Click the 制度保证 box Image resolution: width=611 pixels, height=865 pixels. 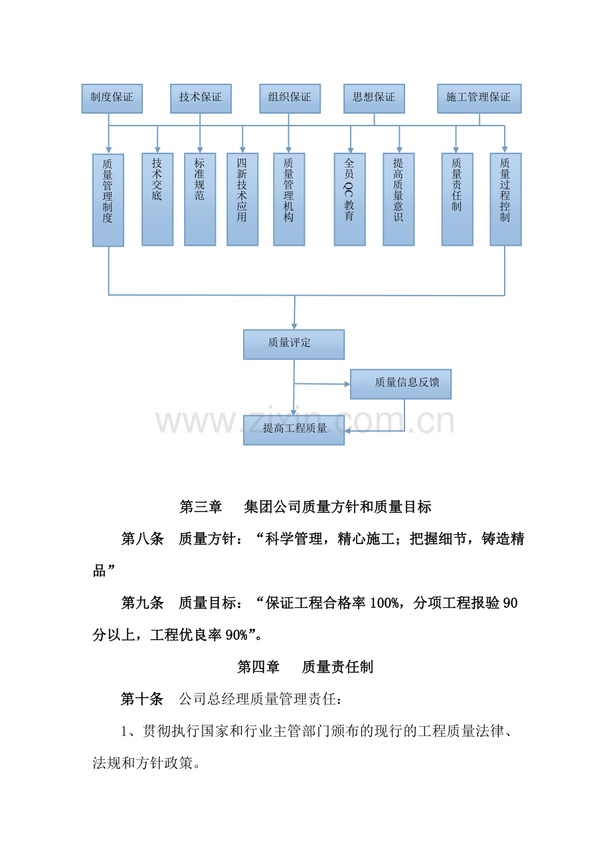[x=112, y=98]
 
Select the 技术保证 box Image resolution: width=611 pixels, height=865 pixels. [x=201, y=98]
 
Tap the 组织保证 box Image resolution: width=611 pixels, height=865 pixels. [x=290, y=98]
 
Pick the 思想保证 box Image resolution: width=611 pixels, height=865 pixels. [x=374, y=98]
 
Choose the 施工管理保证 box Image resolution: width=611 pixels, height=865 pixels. [x=479, y=98]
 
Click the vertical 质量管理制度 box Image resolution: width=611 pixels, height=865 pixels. [x=108, y=200]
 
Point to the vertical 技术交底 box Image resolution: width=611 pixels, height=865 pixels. [x=157, y=199]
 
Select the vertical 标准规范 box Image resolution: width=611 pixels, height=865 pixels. [x=200, y=199]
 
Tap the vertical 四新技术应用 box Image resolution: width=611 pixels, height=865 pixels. [x=242, y=199]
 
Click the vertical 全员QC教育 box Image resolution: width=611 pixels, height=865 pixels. [x=350, y=199]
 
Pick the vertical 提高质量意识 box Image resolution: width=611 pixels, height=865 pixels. [x=398, y=199]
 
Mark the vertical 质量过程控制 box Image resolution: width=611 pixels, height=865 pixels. [x=505, y=199]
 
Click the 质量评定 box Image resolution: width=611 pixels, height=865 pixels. [x=294, y=344]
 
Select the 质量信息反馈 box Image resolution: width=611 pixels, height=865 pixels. [x=400, y=384]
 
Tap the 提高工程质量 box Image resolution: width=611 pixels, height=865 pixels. [x=294, y=429]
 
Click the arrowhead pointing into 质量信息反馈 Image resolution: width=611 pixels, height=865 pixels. [x=347, y=384]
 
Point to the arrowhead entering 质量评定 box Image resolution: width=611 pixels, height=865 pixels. [x=294, y=327]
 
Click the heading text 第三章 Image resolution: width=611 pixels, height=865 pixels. [x=201, y=507]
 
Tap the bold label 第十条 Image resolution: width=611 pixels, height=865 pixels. [x=142, y=699]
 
